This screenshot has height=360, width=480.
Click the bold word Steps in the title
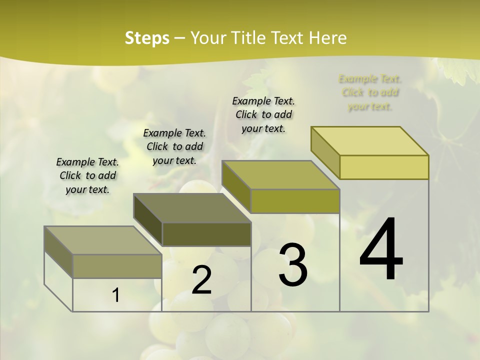coord(147,38)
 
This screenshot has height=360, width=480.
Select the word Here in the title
coord(327,38)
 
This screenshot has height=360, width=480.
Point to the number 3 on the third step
coord(292,265)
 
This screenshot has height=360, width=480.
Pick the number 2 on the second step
coord(201,280)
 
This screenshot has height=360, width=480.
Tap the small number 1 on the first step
coord(116,295)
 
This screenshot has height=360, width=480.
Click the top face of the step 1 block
coord(102,240)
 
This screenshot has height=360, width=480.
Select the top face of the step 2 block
coord(192,207)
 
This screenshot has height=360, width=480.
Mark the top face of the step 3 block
coord(281,175)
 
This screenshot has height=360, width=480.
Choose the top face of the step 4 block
coord(370,141)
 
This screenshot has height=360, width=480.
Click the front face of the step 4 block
coord(384,167)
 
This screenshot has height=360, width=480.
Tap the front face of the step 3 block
coord(295,201)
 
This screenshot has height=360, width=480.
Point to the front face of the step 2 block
coord(206,234)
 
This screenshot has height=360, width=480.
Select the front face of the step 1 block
coord(117,266)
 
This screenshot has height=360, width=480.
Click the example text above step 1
coord(87,175)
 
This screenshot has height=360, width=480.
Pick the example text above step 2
coord(174,146)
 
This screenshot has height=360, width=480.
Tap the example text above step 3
coord(263,114)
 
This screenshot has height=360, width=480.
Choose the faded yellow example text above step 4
coord(370,92)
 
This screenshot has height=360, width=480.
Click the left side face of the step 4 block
coord(325,152)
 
